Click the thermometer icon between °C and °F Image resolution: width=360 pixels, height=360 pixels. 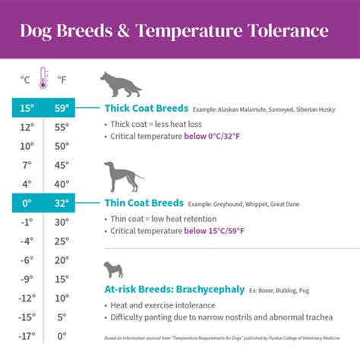click(44, 79)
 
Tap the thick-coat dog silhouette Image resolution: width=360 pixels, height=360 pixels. click(121, 85)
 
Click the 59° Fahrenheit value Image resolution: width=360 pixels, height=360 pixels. click(62, 109)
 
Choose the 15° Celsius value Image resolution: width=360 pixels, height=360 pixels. click(27, 109)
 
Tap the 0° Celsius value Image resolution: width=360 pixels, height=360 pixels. click(27, 203)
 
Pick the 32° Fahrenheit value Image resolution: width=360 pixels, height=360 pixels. click(62, 203)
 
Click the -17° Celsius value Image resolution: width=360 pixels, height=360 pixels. click(27, 335)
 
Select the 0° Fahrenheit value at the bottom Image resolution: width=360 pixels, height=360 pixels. click(62, 335)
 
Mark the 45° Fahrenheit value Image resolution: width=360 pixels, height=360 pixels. click(62, 165)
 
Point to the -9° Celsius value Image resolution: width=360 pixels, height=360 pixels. click(27, 278)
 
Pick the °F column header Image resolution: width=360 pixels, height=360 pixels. click(62, 78)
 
